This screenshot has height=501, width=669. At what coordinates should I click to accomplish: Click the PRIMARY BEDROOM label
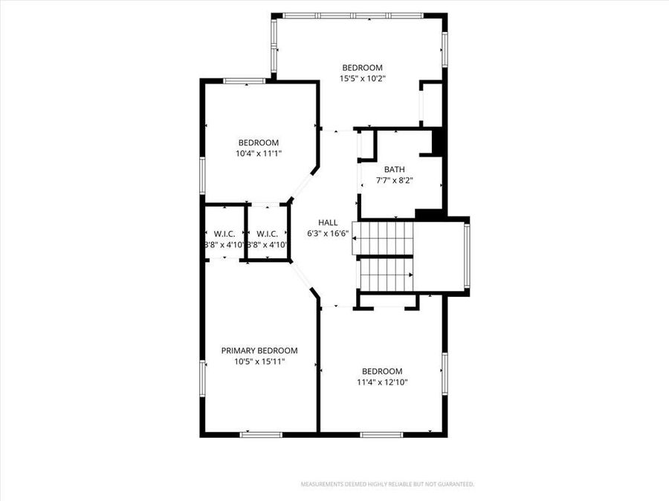click(x=259, y=350)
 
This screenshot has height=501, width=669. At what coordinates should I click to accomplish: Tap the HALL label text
click(x=328, y=222)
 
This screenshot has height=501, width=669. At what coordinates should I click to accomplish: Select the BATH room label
click(x=394, y=169)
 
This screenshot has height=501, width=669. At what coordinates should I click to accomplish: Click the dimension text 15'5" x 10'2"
click(x=362, y=78)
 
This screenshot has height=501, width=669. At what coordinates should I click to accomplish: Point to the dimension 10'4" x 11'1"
click(x=258, y=154)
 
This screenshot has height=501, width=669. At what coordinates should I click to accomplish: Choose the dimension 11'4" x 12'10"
click(x=382, y=382)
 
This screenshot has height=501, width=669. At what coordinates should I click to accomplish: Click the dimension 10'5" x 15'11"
click(x=259, y=361)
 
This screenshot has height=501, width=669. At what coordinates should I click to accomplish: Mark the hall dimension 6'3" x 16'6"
click(x=328, y=233)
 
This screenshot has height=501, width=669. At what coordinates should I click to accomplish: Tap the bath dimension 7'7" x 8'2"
click(x=394, y=180)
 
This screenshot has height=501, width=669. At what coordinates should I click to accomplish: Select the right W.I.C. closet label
click(x=267, y=233)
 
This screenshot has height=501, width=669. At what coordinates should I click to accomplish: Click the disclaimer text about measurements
click(x=387, y=484)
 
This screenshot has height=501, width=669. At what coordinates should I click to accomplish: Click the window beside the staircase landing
click(x=467, y=256)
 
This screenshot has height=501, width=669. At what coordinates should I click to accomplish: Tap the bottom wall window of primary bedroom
click(x=261, y=434)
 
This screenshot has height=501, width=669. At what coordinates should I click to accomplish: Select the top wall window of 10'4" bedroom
click(x=245, y=80)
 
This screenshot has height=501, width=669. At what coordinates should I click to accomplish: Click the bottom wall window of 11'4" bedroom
click(x=381, y=434)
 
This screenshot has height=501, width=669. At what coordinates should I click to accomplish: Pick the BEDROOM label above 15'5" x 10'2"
click(x=362, y=68)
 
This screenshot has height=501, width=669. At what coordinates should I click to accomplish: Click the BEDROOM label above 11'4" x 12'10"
click(x=382, y=371)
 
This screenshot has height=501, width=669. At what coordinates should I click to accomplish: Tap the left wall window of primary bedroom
click(x=201, y=379)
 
